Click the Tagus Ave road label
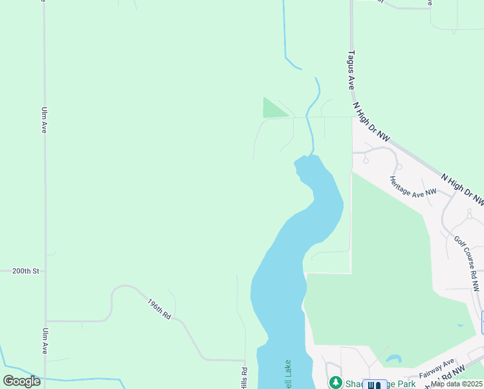[x=351, y=70]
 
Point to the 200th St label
[x=26, y=270]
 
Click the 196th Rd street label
[x=159, y=309]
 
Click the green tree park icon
[x=335, y=383]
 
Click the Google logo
[x=21, y=381]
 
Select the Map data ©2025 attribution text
[x=457, y=384]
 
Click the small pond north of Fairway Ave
[x=393, y=358]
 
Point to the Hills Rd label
[x=245, y=379]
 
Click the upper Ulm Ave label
[x=44, y=120]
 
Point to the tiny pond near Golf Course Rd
[x=461, y=325]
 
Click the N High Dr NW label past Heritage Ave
[x=462, y=189]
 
